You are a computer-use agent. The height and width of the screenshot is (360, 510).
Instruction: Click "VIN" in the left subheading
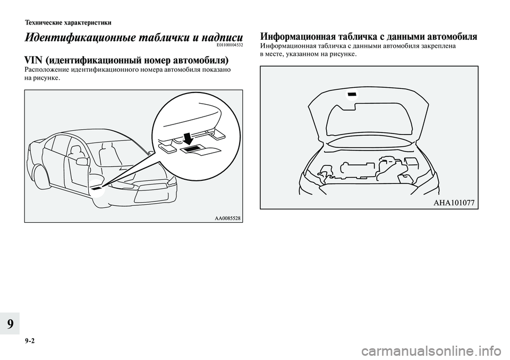[34, 60]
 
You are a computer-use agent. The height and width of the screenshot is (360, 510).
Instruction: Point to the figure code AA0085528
[227, 218]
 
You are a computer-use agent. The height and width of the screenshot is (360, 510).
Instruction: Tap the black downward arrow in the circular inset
[186, 137]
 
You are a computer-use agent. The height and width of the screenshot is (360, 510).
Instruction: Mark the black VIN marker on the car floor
[97, 188]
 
